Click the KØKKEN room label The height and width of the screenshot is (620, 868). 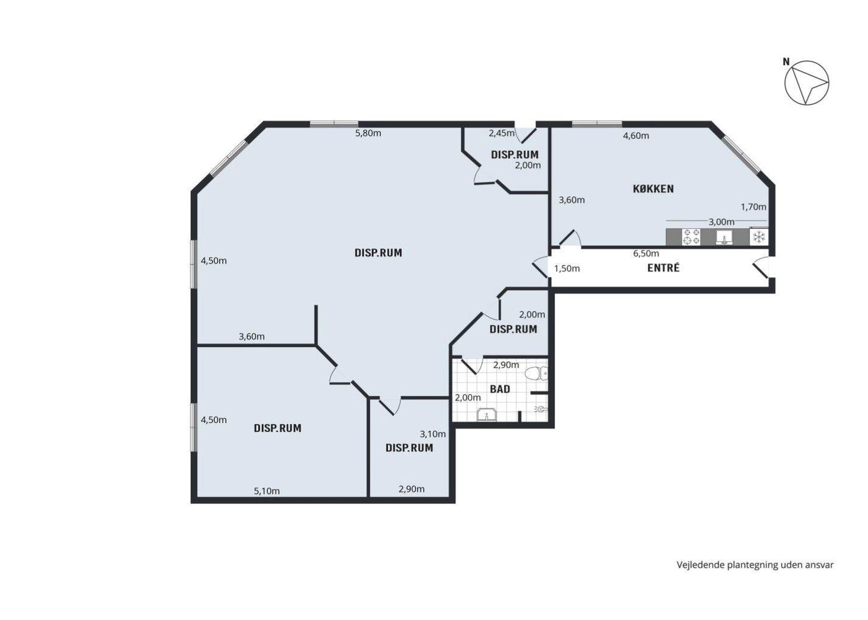point(653,189)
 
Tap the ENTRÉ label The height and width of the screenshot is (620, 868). point(663,268)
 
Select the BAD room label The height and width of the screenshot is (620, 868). point(500,389)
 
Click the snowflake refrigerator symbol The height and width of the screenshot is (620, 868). point(758,237)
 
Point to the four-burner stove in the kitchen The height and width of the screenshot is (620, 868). point(691,237)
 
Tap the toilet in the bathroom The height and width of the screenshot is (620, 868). point(536,373)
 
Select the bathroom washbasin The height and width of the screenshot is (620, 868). point(486,415)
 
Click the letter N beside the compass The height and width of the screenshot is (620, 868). point(786,62)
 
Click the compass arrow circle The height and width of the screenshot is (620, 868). point(807,82)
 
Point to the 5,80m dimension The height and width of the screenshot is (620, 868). point(368,133)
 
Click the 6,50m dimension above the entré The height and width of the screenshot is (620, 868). point(646,254)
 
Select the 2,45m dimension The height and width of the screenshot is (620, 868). point(502,133)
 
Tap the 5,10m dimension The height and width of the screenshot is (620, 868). point(267,491)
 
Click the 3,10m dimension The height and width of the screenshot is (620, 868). point(433,434)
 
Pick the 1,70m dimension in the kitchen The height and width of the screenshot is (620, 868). point(753,207)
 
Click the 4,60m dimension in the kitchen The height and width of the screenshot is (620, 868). point(636,136)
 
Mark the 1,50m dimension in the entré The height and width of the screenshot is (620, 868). point(567,268)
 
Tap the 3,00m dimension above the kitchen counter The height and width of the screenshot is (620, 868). point(722,222)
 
